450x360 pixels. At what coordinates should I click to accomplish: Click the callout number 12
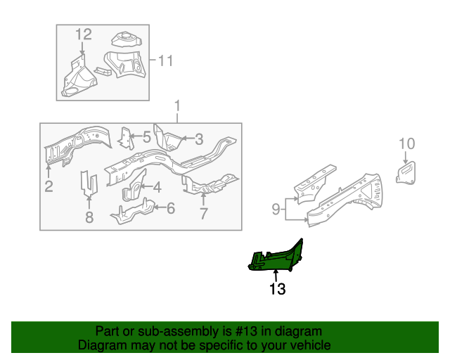[84, 34]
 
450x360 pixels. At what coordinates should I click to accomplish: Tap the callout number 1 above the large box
[177, 107]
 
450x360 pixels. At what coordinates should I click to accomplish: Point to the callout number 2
[49, 186]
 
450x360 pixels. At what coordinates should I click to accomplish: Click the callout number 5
[146, 137]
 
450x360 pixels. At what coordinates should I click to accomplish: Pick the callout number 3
[199, 139]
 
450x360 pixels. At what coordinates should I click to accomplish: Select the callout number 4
[157, 187]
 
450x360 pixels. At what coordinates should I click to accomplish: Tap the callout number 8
[89, 217]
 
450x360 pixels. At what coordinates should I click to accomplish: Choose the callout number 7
[204, 214]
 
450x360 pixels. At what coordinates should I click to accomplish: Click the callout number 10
[406, 144]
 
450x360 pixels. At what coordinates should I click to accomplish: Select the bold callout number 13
[277, 289]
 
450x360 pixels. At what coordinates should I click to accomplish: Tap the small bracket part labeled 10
[406, 172]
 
